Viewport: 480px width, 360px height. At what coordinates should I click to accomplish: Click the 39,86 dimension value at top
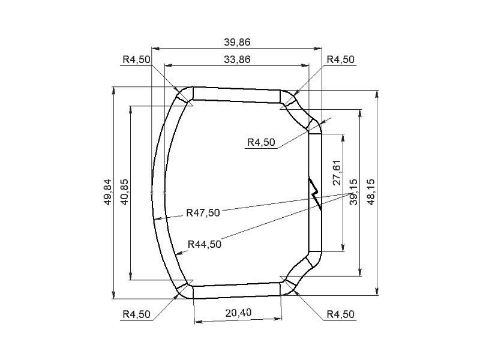point(237,42)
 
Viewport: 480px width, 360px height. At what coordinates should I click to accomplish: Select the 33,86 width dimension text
point(237,59)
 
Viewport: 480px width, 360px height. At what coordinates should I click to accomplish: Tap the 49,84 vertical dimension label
point(108,192)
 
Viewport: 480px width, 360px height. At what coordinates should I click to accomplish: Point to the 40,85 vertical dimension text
point(125,192)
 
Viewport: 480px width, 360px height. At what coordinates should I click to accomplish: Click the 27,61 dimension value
point(337,172)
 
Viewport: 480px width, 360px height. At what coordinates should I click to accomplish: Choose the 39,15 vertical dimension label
point(353,192)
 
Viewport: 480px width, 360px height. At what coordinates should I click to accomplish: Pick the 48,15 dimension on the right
point(371,192)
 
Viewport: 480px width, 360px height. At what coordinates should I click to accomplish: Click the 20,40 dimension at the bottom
point(238,313)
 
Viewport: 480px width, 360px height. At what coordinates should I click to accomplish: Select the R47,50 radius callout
point(203,212)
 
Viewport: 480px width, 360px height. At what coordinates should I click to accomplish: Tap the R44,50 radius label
point(204,244)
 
